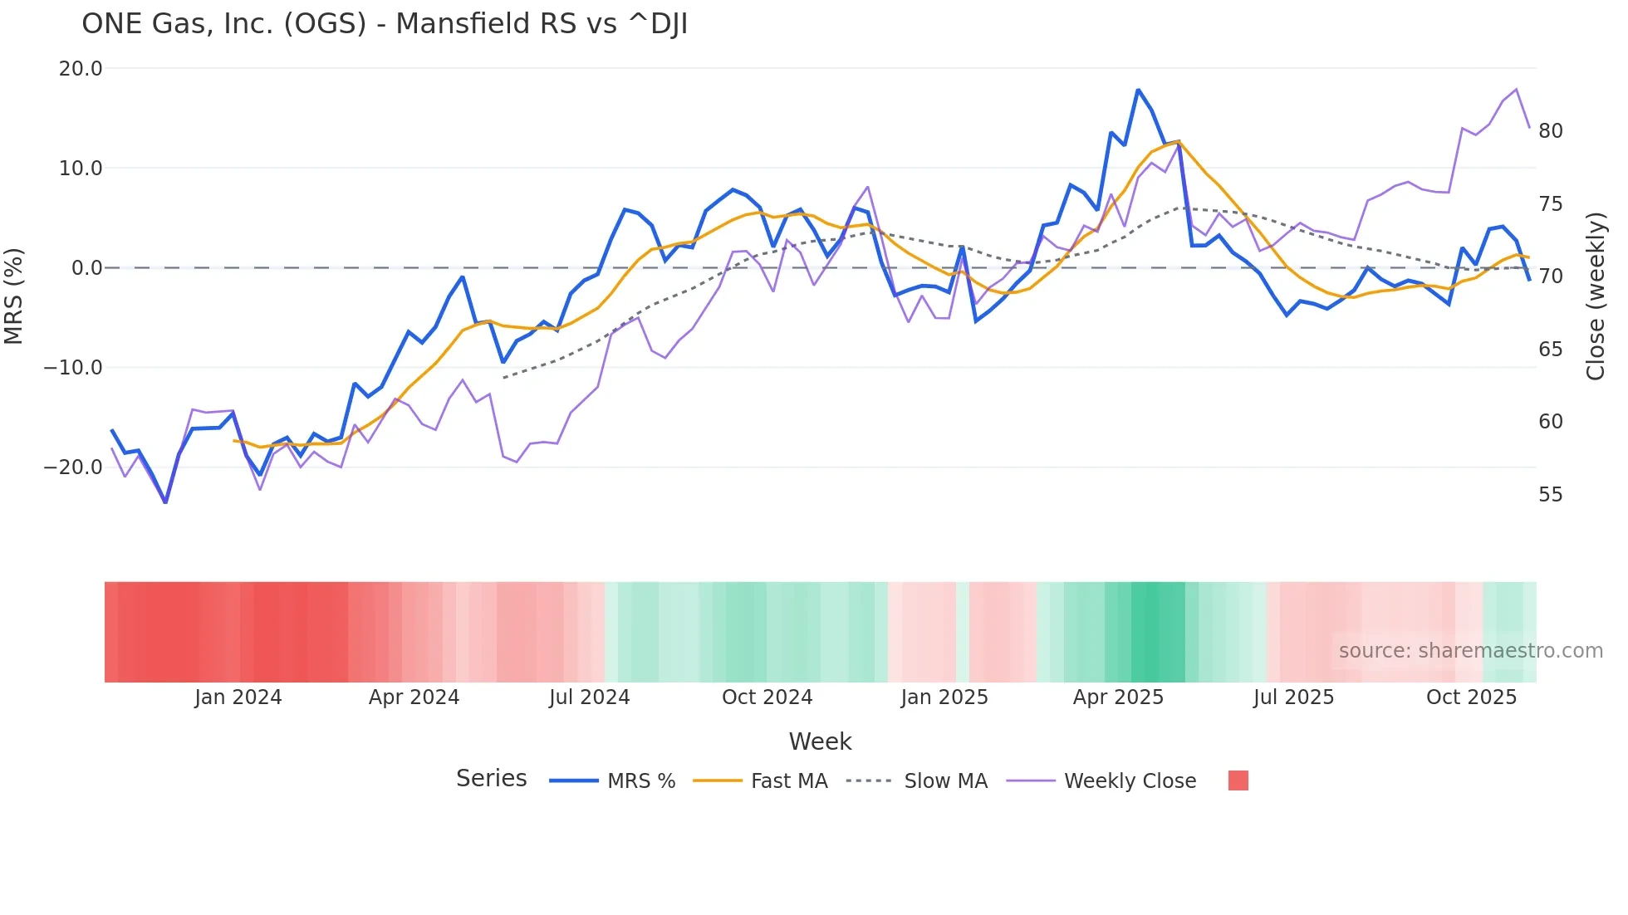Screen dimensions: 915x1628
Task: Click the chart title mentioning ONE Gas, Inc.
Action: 384,24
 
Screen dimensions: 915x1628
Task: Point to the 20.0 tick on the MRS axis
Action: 81,69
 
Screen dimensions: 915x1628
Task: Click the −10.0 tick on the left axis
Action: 73,368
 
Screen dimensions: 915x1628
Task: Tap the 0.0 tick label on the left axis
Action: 86,268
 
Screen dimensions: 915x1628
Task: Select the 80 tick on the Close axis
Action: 1550,131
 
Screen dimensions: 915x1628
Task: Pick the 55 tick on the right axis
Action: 1550,495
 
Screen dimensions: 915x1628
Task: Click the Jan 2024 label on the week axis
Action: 238,697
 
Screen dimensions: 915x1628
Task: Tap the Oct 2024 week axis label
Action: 767,697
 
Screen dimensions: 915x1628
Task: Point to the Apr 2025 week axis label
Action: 1118,697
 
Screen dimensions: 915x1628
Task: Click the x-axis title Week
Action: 820,741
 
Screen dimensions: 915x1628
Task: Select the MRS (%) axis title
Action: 14,296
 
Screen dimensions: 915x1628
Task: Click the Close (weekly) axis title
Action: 1596,296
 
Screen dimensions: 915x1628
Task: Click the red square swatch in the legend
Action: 1238,780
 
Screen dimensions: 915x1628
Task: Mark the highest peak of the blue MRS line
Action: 1138,90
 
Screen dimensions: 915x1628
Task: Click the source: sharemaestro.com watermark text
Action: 1470,651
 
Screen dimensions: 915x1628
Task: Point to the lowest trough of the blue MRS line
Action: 165,502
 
